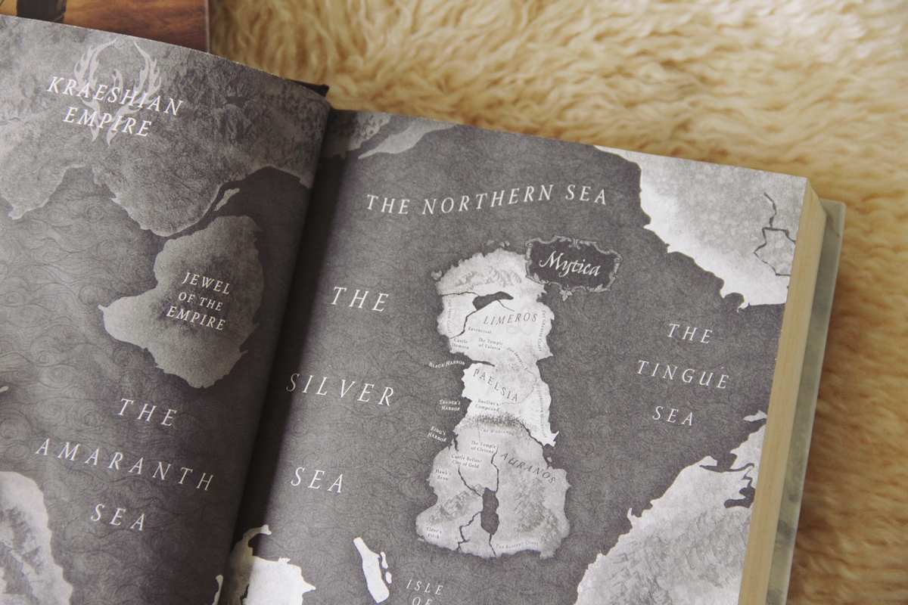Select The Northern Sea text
(487, 198)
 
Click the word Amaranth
(123, 462)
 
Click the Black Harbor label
(446, 364)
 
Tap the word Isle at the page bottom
(424, 588)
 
